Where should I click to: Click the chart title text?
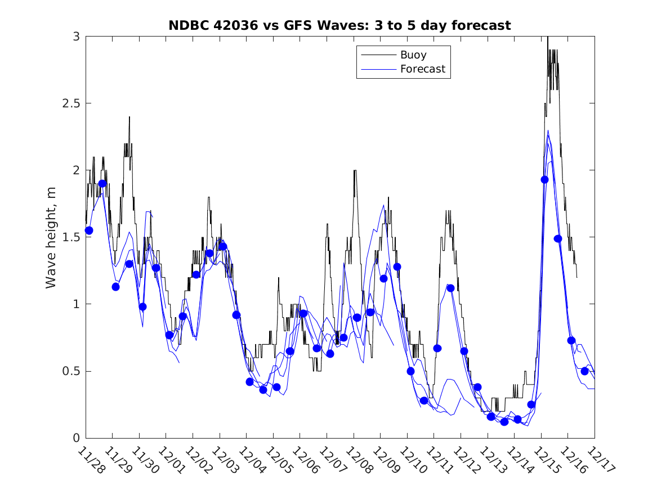[x=339, y=25]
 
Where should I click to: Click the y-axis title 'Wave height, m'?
[x=51, y=237]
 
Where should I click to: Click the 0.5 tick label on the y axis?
[x=71, y=371]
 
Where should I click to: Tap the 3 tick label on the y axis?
[x=75, y=37]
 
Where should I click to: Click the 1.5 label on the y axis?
[x=71, y=237]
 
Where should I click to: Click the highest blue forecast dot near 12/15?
[x=545, y=180]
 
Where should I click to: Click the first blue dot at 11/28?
[x=89, y=231]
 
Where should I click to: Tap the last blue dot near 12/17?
[x=585, y=371]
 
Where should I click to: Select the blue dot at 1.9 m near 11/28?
[x=102, y=184]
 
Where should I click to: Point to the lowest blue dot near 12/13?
[x=504, y=422]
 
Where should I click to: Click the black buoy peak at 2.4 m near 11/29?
[x=129, y=117]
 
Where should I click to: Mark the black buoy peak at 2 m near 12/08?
[x=355, y=170]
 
